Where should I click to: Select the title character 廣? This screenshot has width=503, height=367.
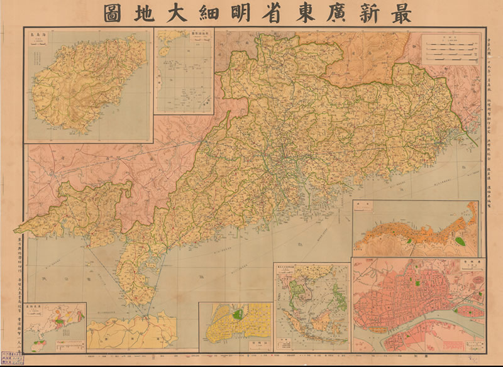(x=326, y=13)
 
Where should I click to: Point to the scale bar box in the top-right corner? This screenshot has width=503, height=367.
(x=447, y=50)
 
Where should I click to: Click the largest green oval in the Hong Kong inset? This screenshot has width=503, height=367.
(x=461, y=241)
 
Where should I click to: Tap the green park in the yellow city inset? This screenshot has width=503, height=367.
(x=238, y=314)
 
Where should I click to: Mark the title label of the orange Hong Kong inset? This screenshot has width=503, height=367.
(x=363, y=205)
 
